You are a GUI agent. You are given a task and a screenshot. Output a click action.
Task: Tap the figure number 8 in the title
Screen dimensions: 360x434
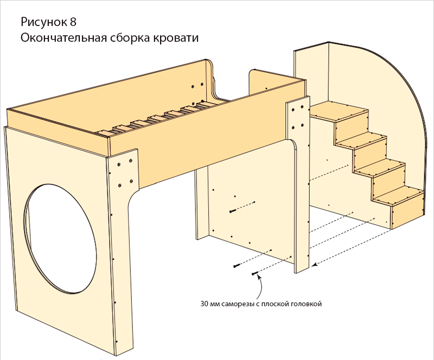[x=73, y=23]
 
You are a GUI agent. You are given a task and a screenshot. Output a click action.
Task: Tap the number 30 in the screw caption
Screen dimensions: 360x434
[x=205, y=304]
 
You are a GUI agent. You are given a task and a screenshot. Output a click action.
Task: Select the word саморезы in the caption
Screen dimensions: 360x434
[x=239, y=304]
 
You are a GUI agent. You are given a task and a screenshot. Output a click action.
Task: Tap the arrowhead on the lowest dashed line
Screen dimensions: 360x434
[x=318, y=264]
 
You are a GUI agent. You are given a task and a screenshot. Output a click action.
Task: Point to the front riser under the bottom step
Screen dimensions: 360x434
[x=407, y=215]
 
